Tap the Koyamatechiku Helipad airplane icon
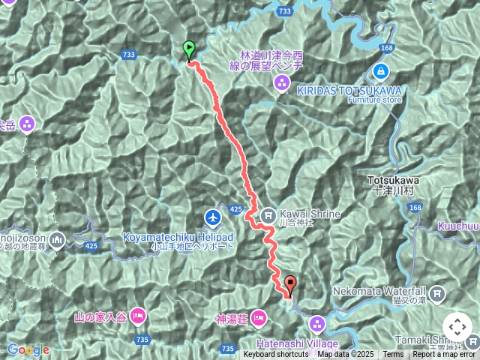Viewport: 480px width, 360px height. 214,217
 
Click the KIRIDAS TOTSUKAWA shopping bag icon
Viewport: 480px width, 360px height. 381,72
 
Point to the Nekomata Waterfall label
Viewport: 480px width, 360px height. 390,291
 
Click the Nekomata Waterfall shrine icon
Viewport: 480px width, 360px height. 438,292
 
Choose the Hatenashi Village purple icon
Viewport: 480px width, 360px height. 317,325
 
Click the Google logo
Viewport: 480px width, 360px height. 28,349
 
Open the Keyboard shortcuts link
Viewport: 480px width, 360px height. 275,355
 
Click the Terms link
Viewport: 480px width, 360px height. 393,355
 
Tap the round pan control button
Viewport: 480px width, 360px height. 457,327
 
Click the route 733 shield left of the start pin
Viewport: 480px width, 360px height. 129,55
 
